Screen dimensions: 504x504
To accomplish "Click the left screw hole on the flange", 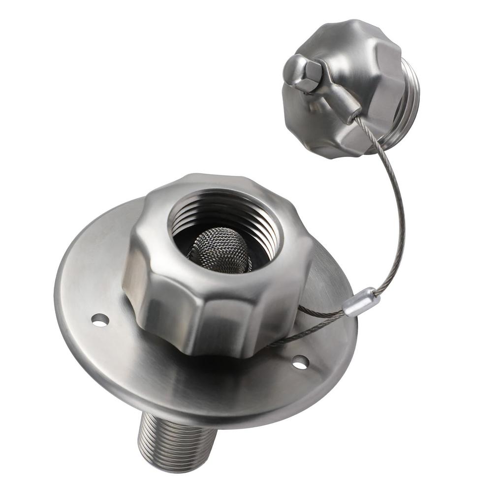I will click(100, 320).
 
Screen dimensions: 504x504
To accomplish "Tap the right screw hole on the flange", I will click(300, 363).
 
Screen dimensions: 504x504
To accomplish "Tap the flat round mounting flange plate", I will click(123, 364).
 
